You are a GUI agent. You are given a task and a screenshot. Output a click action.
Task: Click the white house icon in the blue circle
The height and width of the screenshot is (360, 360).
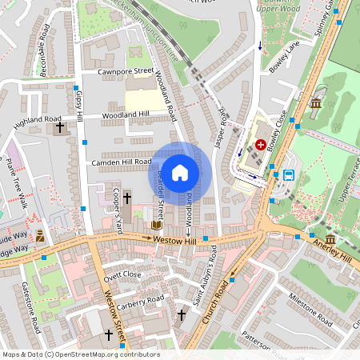point(180,172)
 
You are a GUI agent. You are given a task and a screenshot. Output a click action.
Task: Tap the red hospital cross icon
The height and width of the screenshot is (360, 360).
point(261,145)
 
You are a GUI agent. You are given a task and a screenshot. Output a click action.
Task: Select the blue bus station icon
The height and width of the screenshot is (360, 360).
point(289,175)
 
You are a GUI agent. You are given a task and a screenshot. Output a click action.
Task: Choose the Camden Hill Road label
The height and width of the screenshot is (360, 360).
point(121,162)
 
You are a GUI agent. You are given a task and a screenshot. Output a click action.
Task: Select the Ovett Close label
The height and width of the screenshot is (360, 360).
point(122,274)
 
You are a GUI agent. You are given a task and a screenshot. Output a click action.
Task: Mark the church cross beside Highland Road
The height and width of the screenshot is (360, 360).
point(59,127)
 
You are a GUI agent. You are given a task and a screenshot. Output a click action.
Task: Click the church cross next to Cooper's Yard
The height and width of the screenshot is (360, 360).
point(127,196)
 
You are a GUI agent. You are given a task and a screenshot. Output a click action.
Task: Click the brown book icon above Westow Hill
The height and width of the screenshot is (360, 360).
point(157,226)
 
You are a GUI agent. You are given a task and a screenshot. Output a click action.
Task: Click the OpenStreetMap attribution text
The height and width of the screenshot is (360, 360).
point(81,354)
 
